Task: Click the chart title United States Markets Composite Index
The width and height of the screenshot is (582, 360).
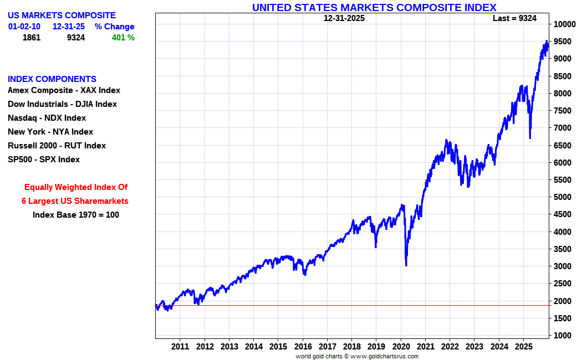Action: pos(374,7)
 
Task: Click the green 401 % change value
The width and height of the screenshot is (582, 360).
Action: pos(122,38)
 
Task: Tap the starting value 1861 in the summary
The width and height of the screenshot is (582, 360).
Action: pos(32,38)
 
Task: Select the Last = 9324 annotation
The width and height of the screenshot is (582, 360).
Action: pos(514,18)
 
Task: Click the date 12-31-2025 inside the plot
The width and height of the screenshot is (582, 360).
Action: pos(344,18)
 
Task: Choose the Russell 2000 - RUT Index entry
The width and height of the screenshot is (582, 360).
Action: pos(57,146)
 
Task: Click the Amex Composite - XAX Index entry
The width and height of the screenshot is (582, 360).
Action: pos(64,90)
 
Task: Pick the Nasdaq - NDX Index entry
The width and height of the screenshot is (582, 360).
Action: pos(47,118)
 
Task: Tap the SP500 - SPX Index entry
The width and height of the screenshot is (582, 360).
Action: pos(44,160)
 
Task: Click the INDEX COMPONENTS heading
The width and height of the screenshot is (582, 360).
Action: pos(52,79)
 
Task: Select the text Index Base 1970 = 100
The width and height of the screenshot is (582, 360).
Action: pos(76,215)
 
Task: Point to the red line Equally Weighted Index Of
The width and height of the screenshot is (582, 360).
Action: pos(76,187)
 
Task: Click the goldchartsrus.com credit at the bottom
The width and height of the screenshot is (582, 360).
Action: pos(357,356)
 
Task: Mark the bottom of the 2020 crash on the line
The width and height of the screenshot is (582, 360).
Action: pos(406,265)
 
